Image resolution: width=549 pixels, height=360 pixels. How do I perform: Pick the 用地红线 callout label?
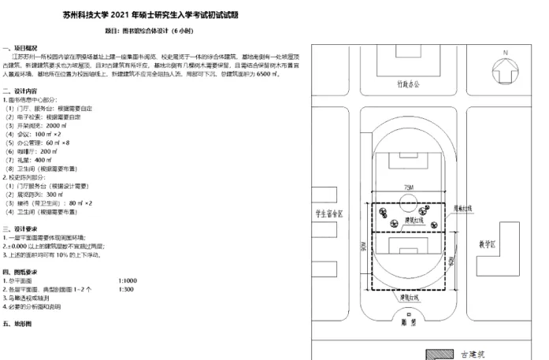pos(473,209)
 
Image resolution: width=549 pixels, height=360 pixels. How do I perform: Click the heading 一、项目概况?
pos(20,48)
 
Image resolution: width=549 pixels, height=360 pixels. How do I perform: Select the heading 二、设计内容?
pos(20,91)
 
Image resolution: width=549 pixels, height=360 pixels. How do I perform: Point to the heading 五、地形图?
pos(17,324)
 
